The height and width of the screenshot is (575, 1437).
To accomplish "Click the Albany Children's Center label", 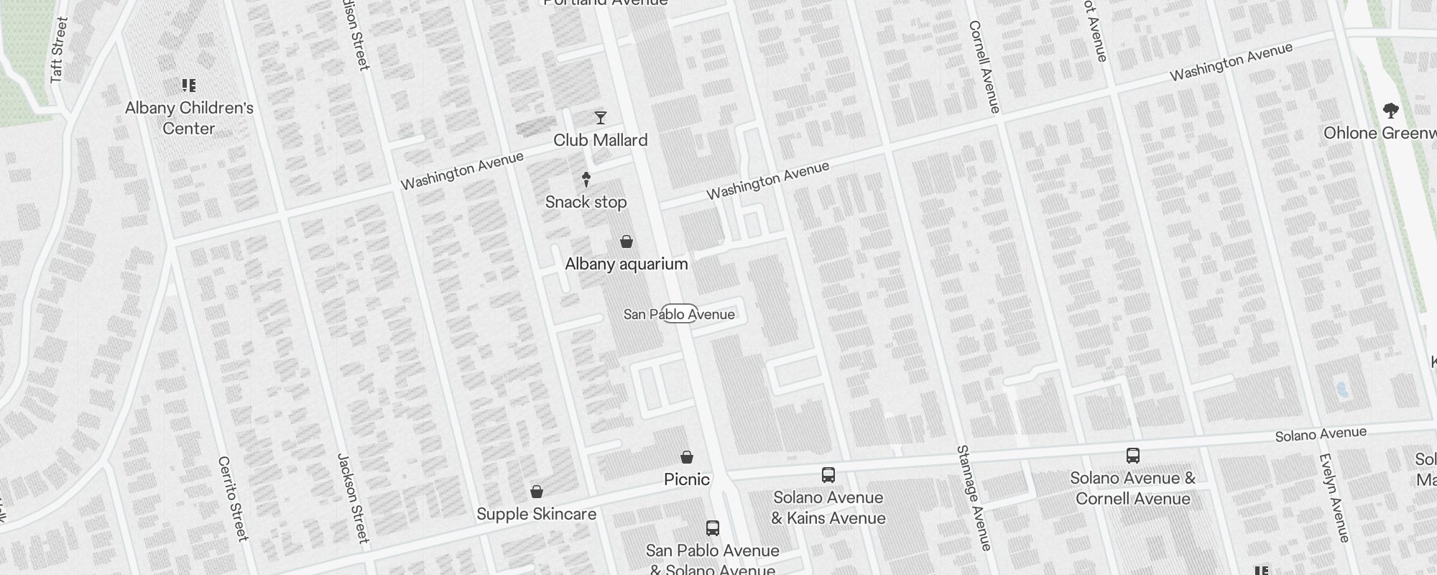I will pos(189,118).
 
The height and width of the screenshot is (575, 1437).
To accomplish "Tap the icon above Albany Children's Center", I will pos(189,86).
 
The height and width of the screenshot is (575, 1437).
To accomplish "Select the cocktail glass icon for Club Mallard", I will pos(601,118).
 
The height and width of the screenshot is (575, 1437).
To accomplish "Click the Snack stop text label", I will pos(586,202).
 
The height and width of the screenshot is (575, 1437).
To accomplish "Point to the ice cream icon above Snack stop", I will pos(586,179).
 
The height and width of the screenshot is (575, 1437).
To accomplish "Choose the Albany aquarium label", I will pos(626,264).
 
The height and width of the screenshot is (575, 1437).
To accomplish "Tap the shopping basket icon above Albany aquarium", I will pos(627,241).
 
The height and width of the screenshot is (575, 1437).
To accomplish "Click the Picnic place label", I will pos(686,479).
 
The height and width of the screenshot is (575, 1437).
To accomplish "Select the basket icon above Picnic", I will pos(687,457).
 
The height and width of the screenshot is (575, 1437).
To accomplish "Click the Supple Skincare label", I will pos(536,514).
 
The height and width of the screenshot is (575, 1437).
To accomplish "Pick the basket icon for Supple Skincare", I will pos(536,492).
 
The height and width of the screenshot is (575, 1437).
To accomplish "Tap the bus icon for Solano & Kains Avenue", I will pos(828,475).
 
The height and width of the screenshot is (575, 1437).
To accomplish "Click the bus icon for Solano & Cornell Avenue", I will pos(1132,456).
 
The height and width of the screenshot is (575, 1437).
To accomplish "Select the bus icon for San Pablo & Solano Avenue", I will pos(712,528).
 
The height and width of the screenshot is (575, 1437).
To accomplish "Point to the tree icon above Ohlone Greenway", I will pos(1390,111).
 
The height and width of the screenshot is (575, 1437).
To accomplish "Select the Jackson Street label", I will pos(354,498).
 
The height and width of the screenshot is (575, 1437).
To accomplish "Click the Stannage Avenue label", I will pos(974,498).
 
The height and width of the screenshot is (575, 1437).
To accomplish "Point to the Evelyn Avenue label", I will pos(1334,498).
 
